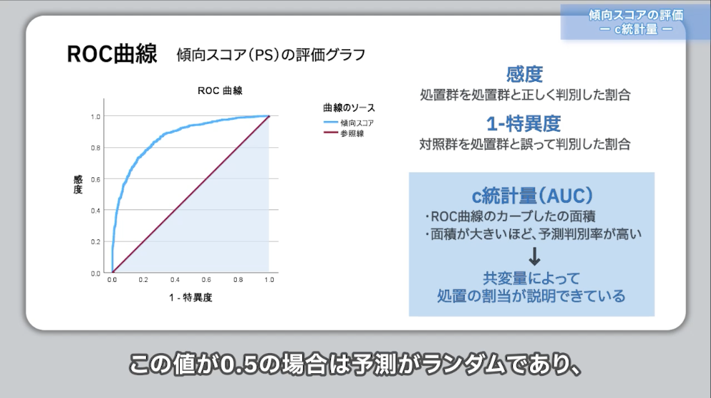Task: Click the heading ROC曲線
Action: click(x=112, y=54)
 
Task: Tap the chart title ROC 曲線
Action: click(x=220, y=90)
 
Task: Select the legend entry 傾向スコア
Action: click(x=357, y=122)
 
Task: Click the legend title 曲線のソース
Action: click(x=349, y=108)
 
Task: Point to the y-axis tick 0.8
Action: click(x=96, y=147)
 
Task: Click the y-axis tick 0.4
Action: click(x=96, y=211)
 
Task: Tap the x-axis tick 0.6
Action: click(x=207, y=281)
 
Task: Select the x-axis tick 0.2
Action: click(x=143, y=281)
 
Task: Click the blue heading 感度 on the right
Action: click(x=525, y=74)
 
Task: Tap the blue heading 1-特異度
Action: click(x=525, y=123)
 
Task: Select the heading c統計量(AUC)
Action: click(x=532, y=194)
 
